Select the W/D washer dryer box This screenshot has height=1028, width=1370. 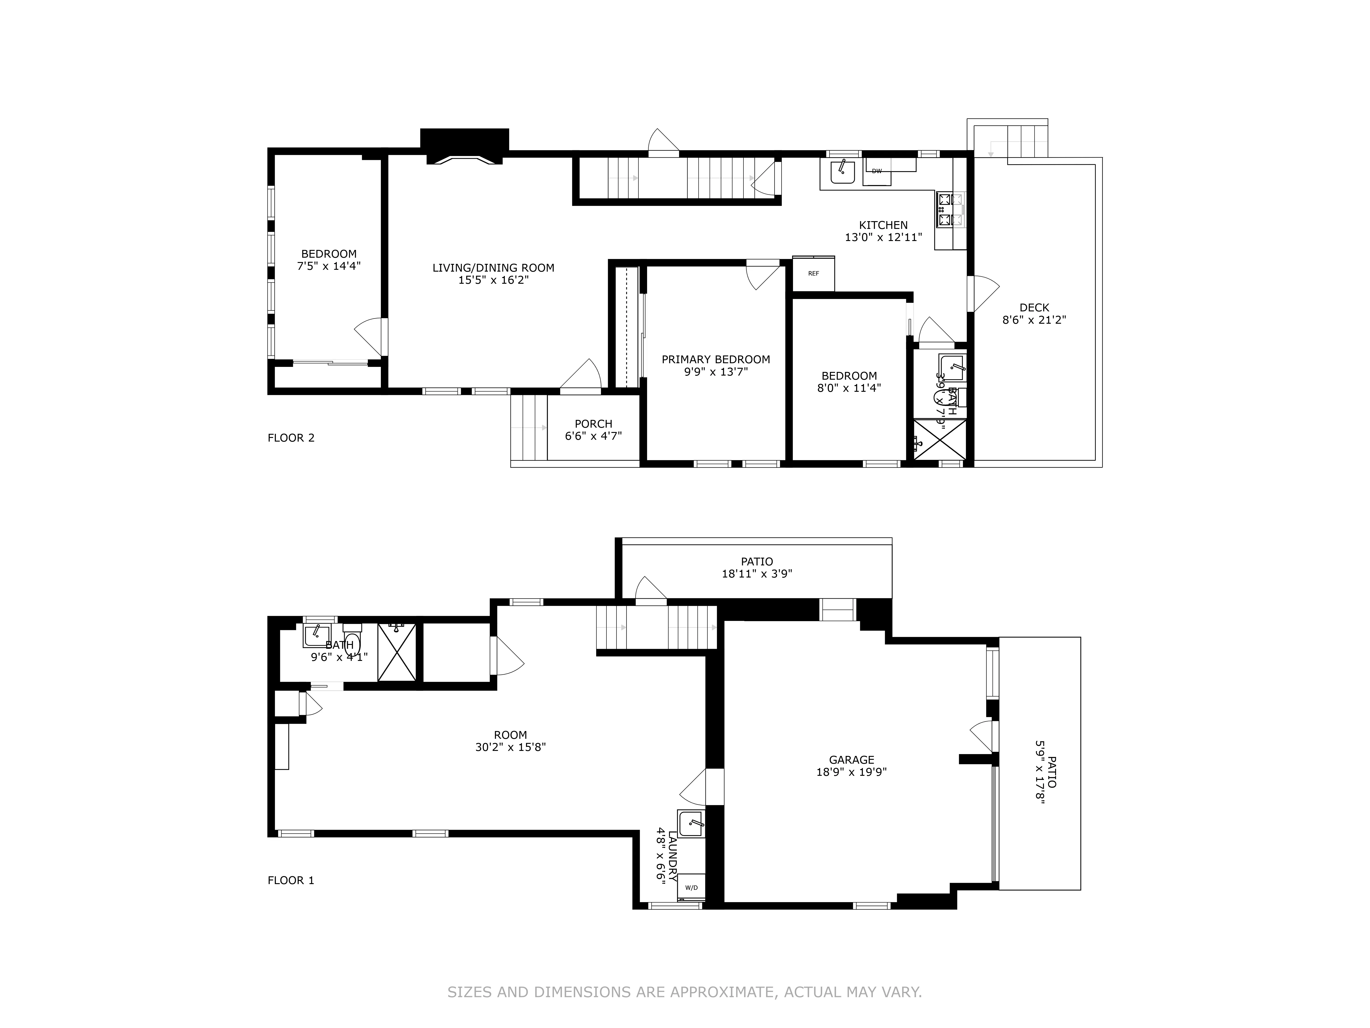691,887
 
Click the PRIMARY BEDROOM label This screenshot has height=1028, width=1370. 715,359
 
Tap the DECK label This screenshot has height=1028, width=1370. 1034,307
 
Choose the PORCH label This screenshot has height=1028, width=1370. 593,424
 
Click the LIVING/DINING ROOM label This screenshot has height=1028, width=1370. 493,268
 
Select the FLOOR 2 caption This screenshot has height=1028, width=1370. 290,438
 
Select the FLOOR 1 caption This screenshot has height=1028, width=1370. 290,880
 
